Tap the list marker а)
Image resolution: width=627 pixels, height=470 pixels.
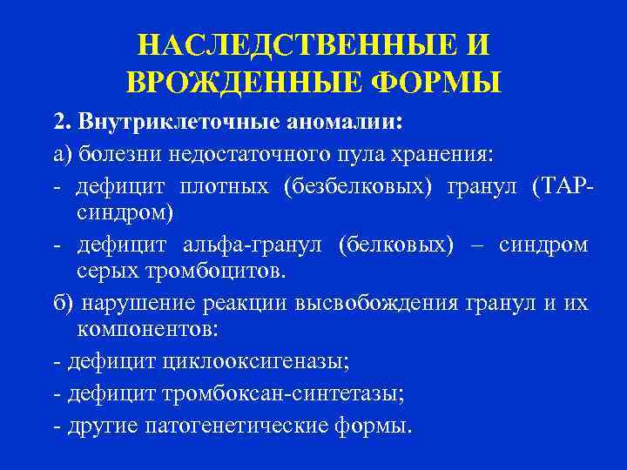[x=60, y=153]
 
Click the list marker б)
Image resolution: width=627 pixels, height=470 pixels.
[x=61, y=303]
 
